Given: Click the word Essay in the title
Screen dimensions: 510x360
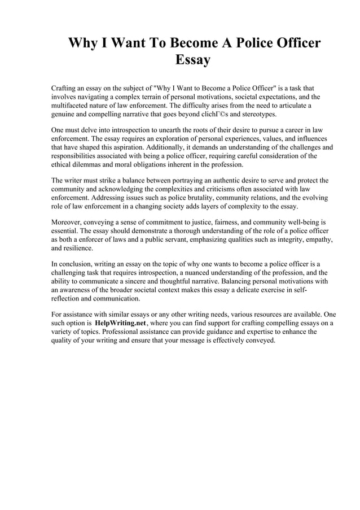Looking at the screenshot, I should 193,60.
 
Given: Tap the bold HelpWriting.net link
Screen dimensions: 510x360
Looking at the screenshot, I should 120,322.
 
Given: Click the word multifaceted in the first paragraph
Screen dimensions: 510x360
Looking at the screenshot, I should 71,105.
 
